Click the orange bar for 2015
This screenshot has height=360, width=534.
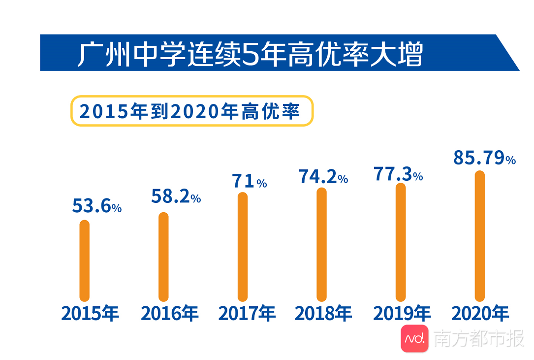click(85, 261)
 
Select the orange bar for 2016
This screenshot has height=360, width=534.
click(163, 257)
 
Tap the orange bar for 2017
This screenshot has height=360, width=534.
click(243, 246)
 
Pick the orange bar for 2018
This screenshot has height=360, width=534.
click(321, 244)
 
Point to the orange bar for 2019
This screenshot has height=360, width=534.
click(401, 242)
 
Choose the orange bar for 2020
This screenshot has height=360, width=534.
click(479, 236)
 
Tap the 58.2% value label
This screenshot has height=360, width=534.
click(175, 197)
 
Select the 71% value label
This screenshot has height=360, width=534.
click(249, 182)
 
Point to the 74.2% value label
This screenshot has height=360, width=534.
click(323, 177)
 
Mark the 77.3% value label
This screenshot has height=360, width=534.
click(398, 174)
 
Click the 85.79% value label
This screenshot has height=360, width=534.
click(484, 159)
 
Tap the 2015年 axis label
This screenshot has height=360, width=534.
click(90, 314)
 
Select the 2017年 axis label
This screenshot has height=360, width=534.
click(247, 314)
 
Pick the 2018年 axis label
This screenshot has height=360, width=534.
click(323, 314)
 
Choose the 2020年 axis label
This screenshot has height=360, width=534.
click(480, 314)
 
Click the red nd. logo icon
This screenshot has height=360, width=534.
click(414, 338)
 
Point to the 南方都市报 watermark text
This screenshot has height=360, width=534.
click(478, 339)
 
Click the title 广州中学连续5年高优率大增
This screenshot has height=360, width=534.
click(250, 54)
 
